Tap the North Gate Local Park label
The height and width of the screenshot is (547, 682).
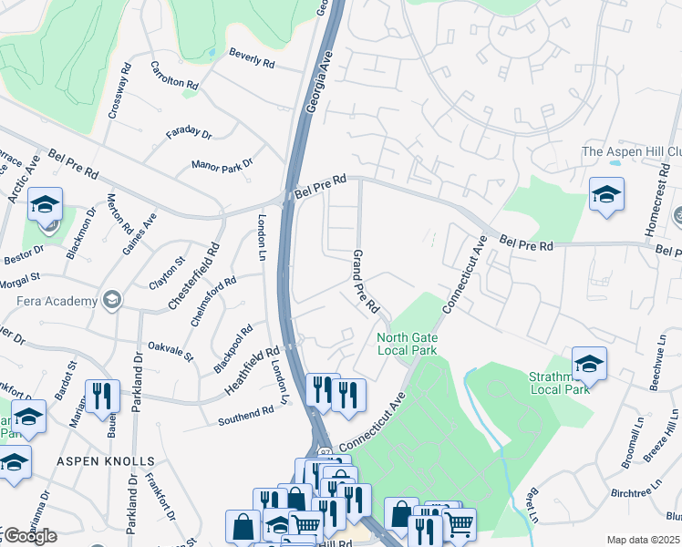(408, 344)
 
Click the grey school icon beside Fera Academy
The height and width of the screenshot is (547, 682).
(112, 301)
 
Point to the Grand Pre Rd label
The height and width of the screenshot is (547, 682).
(366, 282)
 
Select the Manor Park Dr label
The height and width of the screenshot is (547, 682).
(222, 165)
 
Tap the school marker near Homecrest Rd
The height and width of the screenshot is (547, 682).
(606, 193)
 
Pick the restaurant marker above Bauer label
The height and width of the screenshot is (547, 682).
(102, 395)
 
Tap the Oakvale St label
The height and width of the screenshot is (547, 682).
(171, 351)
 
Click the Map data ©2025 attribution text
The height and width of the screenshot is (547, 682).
(643, 540)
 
